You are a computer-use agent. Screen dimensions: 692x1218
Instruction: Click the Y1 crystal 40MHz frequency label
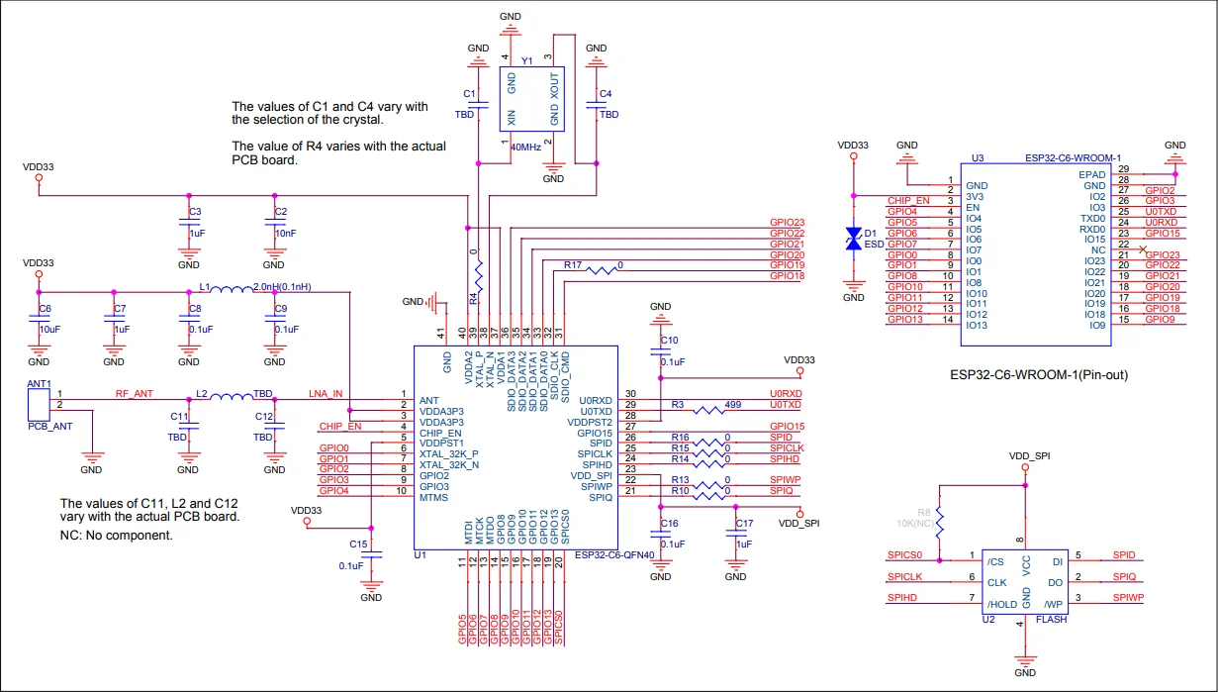coord(525,147)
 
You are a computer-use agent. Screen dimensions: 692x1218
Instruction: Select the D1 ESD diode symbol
coord(853,239)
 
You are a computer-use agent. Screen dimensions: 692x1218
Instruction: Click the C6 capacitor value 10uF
coord(49,328)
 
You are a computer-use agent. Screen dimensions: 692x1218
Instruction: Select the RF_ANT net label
coord(136,394)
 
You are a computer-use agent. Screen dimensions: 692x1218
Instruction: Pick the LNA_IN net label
coord(326,394)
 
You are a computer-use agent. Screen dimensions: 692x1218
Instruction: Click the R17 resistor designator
coord(574,265)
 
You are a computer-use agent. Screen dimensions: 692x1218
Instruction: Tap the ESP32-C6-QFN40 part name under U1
coord(614,555)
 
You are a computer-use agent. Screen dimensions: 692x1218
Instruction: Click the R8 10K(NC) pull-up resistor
coord(940,522)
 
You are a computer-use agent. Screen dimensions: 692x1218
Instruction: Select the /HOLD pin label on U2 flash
coord(1002,604)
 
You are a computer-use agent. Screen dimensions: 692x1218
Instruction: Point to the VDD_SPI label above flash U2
coord(1028,456)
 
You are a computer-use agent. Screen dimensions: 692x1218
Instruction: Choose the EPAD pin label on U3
coord(1091,174)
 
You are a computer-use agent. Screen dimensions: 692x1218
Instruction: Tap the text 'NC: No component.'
coord(117,535)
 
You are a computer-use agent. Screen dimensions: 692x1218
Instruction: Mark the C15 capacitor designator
coord(358,544)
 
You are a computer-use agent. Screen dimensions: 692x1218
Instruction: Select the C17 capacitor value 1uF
coord(744,544)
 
